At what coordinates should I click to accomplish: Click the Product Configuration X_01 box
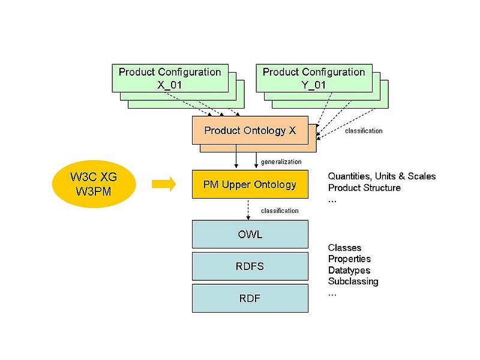click(x=170, y=78)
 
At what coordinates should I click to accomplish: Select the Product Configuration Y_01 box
click(x=314, y=78)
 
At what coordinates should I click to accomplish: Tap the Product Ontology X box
click(x=250, y=130)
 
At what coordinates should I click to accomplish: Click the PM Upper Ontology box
click(x=250, y=184)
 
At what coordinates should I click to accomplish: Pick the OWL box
click(x=250, y=234)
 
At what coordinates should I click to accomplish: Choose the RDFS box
click(x=250, y=266)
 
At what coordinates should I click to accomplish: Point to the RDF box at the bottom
click(x=250, y=298)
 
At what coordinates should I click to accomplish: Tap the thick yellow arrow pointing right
click(x=163, y=184)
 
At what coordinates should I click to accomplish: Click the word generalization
click(x=281, y=162)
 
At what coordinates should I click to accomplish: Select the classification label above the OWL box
click(x=280, y=211)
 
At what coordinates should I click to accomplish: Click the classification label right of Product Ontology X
click(x=364, y=131)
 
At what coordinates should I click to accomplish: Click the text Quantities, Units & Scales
click(x=382, y=176)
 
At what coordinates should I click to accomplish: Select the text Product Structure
click(x=364, y=188)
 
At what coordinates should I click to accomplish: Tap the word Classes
click(x=345, y=248)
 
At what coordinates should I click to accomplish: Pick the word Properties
click(x=349, y=259)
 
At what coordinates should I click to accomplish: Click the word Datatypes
click(x=349, y=270)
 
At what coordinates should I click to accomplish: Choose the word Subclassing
click(x=353, y=281)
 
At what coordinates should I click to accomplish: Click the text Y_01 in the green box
click(x=314, y=85)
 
